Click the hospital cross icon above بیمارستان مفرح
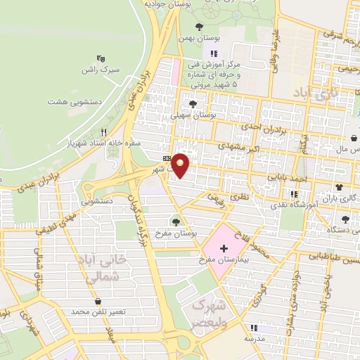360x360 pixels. tap(224, 248)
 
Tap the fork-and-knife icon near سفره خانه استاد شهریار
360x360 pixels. tap(103, 131)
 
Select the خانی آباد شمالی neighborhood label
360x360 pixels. tap(105, 268)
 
